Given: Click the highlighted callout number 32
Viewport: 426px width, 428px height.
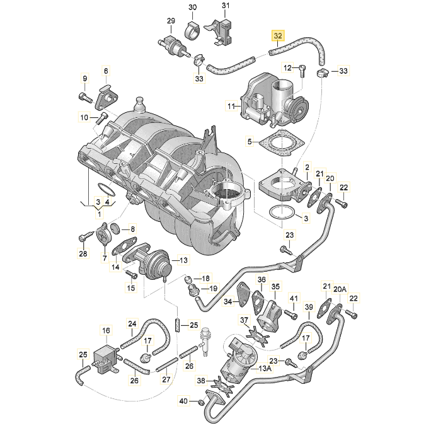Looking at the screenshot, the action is click(x=277, y=36).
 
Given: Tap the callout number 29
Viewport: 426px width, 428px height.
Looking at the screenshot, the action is click(x=171, y=21).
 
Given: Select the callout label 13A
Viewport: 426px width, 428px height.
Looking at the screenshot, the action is click(x=265, y=368).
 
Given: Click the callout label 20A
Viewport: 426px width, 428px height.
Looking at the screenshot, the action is click(x=340, y=289).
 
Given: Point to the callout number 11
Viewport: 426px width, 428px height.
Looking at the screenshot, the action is click(x=231, y=106).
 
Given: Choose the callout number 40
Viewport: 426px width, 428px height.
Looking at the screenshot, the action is click(x=183, y=401).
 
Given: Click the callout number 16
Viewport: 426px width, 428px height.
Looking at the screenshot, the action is click(x=106, y=330).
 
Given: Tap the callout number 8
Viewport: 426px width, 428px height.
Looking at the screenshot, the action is click(x=132, y=229).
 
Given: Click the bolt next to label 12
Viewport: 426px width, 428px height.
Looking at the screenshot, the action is click(x=302, y=71).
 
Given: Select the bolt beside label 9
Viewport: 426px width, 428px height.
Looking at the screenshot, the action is click(x=86, y=98).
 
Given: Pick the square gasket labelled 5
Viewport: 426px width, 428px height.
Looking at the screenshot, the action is click(x=281, y=143).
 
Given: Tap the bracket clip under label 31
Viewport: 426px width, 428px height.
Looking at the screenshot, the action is click(x=222, y=32).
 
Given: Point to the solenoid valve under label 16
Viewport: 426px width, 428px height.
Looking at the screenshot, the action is click(x=106, y=359).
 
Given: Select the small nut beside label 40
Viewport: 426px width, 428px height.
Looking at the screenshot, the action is click(x=200, y=402).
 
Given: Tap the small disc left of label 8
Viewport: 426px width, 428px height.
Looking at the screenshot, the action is click(x=115, y=228).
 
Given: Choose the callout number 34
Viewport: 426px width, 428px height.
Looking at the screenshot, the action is click(x=228, y=301).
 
